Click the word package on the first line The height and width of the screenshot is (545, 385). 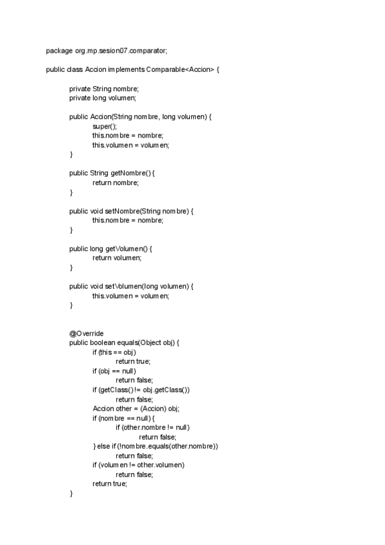pos(58,51)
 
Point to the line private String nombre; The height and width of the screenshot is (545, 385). pos(104,89)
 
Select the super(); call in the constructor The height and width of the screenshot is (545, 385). pos(105,127)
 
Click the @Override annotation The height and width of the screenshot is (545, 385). pos(87,333)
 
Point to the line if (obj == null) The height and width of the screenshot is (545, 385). pos(114,371)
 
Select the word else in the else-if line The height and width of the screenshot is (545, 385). pos(106,446)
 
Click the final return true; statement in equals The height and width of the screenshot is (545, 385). pos(110,484)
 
